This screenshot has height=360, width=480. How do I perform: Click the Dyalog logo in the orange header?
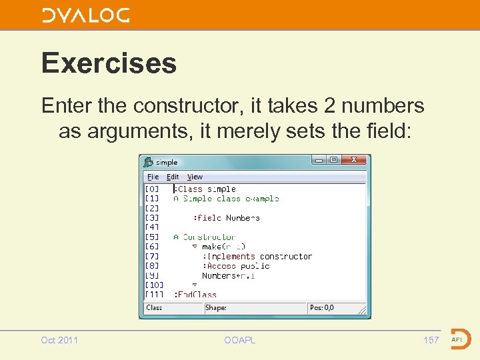pos(85,15)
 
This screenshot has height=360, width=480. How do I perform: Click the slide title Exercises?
pos(109,63)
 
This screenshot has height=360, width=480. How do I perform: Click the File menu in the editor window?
pos(153,177)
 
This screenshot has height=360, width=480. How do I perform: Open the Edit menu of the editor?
pos(173,177)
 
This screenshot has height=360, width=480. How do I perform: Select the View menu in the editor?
pos(195,177)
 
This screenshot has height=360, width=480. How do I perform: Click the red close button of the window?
pos(354,160)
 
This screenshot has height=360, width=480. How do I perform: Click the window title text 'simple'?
pos(167,162)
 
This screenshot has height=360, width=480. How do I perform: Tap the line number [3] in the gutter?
pos(152,218)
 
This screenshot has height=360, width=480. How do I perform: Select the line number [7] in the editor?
pos(152,257)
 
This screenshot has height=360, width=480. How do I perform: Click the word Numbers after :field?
pos(243,218)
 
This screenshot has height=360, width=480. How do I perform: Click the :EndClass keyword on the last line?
pos(195,295)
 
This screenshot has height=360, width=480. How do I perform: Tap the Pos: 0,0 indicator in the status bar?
pos(322,308)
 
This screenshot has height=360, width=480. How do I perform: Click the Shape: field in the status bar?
pos(216,308)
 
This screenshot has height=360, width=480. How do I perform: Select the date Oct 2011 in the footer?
pos(59,340)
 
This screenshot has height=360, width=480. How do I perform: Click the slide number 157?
pos(431,340)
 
